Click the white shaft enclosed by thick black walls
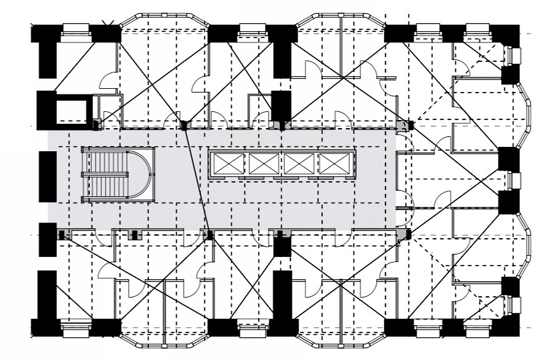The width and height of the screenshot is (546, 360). coord(74,111)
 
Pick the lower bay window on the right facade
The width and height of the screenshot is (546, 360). coord(525,244)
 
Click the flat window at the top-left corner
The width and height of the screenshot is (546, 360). coord(75,28)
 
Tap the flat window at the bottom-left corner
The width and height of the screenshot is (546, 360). coord(75,330)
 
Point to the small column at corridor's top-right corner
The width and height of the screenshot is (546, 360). coord(410,125)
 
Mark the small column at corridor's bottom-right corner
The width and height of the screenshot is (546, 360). coord(409,234)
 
